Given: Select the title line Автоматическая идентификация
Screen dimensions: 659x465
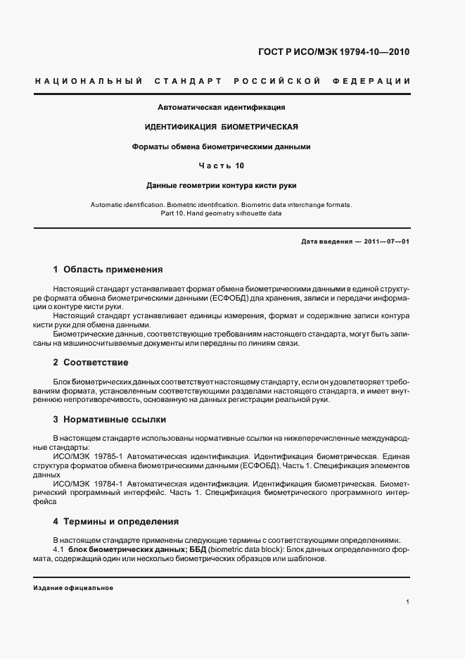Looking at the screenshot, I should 222,108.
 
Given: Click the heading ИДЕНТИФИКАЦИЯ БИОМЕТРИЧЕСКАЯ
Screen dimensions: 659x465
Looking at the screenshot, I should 222,127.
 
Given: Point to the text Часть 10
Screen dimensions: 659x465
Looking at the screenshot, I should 222,166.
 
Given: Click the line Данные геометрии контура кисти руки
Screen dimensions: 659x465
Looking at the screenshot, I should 222,186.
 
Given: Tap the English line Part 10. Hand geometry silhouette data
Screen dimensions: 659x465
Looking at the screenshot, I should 222,213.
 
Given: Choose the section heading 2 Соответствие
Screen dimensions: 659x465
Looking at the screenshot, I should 91,362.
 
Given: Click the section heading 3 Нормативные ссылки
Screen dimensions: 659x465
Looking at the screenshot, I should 109,420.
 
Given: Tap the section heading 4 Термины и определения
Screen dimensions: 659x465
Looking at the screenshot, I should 115,522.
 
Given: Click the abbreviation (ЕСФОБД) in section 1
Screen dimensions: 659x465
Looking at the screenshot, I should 224,299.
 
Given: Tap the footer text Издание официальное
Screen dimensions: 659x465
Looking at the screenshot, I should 73,587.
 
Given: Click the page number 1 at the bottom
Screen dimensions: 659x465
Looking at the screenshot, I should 407,602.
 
